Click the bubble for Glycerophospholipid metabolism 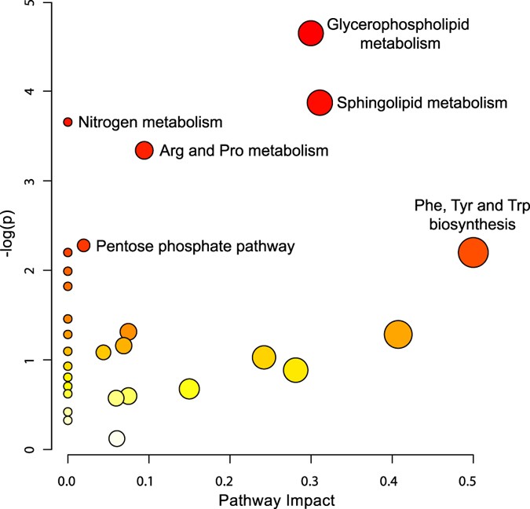[x=311, y=33]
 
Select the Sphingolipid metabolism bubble [x=320, y=103]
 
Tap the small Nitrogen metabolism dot [x=68, y=122]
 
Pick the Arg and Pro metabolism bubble [x=144, y=150]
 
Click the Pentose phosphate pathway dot [x=84, y=245]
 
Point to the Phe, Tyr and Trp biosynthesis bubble [x=473, y=253]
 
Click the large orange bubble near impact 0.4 [x=399, y=334]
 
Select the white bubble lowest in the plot [x=117, y=438]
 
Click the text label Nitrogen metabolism [x=151, y=123]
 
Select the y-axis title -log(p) [x=11, y=226]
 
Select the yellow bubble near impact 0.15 [x=188, y=388]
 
